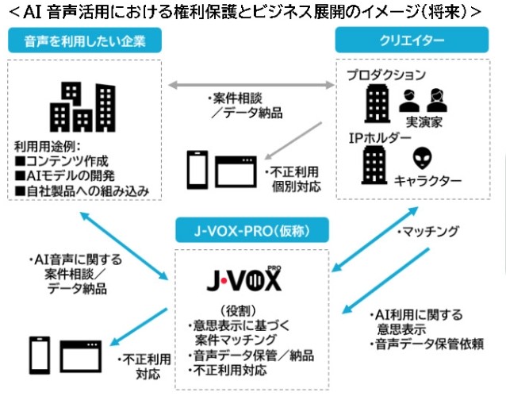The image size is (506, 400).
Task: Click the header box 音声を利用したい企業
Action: coord(84,40)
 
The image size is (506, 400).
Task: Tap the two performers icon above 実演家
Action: coord(424,100)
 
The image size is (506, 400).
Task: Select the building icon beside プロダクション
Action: coord(376,103)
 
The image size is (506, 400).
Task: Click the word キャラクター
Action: coord(427,182)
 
